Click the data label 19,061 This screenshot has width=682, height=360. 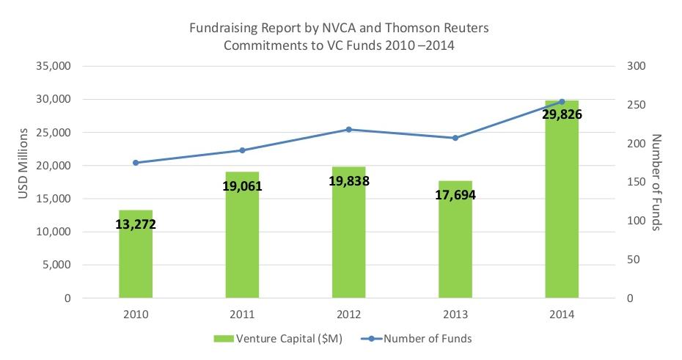click(x=242, y=186)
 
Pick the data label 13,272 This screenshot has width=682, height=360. click(x=136, y=224)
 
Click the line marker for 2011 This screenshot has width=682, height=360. click(x=242, y=150)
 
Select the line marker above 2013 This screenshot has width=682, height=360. click(x=455, y=138)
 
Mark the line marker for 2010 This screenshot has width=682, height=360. click(x=136, y=163)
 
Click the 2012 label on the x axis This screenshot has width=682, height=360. click(x=348, y=315)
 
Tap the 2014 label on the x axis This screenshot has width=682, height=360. click(x=561, y=315)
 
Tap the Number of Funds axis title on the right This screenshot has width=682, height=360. click(x=656, y=183)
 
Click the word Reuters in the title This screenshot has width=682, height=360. click(x=466, y=29)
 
